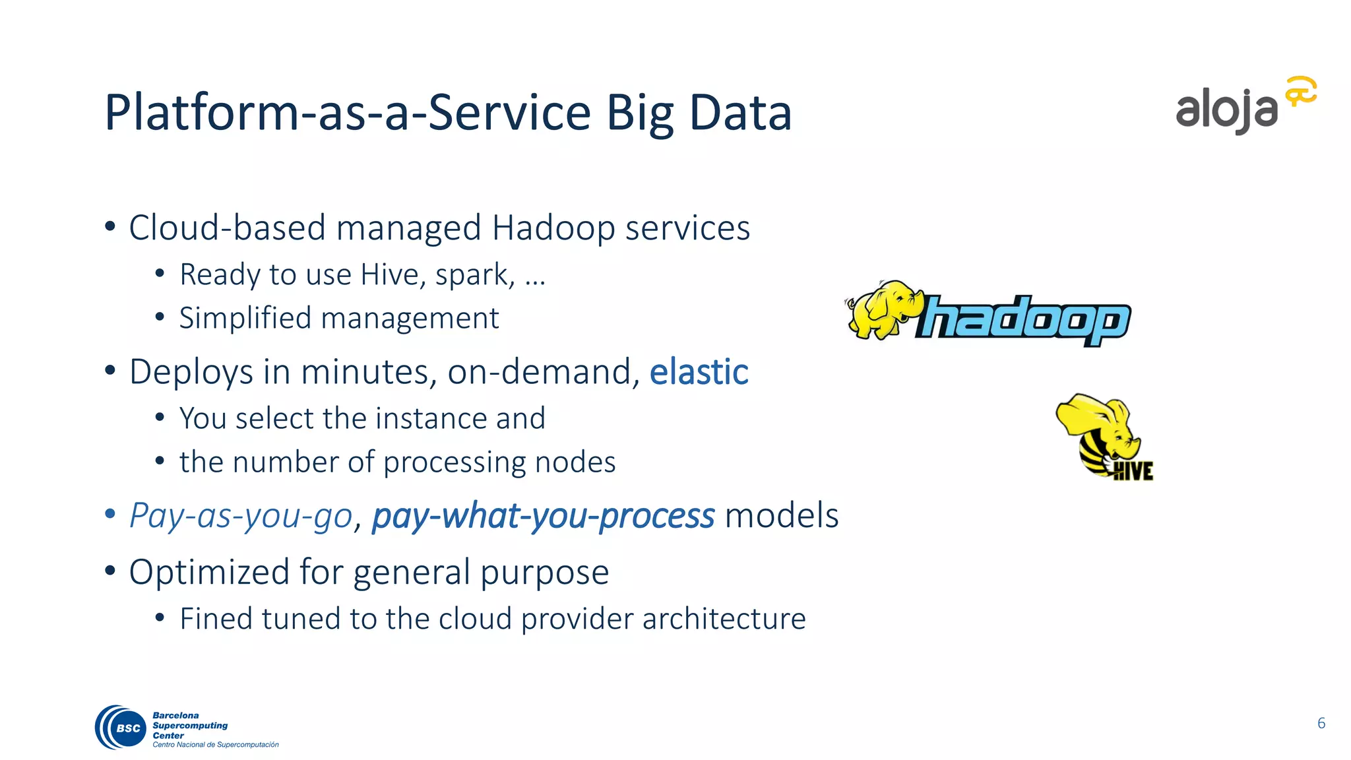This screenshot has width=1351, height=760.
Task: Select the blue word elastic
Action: click(x=699, y=371)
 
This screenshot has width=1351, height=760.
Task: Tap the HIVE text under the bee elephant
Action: click(x=1133, y=471)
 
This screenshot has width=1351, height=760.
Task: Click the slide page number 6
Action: click(x=1321, y=723)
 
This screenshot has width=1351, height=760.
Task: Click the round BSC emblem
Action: click(x=121, y=727)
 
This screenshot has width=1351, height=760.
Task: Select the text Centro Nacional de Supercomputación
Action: click(x=216, y=745)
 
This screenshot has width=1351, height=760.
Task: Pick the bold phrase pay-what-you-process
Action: click(x=543, y=515)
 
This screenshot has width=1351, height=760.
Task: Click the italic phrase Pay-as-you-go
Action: click(x=241, y=515)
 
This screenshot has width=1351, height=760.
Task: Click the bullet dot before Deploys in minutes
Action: click(x=110, y=370)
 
